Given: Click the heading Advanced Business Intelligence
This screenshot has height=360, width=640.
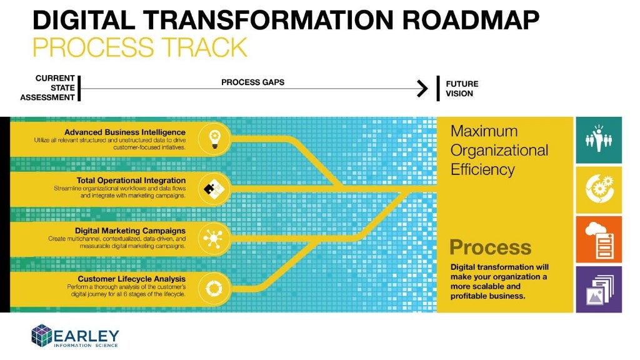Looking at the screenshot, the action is point(124,132).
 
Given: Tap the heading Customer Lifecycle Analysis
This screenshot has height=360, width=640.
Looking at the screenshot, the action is point(131,279).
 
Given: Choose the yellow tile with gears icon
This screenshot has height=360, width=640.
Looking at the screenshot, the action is point(598,189).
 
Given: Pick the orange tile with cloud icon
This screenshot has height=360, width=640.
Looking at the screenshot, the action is point(598,239).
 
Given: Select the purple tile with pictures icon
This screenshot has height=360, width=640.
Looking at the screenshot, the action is point(598,289).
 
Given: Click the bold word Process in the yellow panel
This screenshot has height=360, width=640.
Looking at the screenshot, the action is point(490,247).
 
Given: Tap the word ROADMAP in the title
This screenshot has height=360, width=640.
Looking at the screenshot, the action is point(471,20).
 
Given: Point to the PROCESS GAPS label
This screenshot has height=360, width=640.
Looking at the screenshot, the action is point(252,82).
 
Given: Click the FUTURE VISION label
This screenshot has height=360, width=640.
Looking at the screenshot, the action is point(461,88).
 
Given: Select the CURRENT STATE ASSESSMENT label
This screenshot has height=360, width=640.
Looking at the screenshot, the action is point(48,87).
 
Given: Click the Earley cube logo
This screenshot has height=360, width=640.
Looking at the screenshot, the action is point(42,335).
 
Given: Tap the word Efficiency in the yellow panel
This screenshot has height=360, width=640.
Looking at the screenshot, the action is point(482,169).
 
